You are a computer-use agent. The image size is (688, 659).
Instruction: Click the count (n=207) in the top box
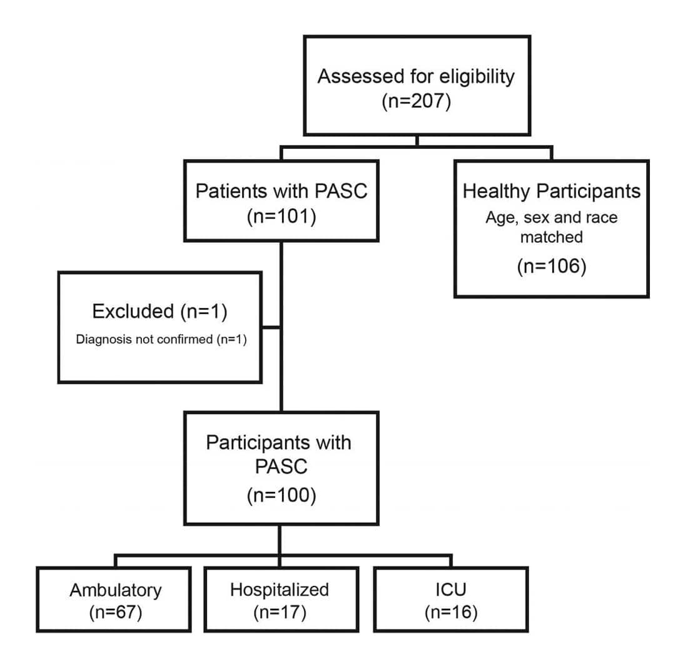click(417, 101)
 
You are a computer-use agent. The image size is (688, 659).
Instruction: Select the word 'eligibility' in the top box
click(477, 77)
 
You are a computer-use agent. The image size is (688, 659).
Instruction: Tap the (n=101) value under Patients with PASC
click(281, 217)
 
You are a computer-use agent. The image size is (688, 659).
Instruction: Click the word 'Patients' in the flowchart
click(231, 191)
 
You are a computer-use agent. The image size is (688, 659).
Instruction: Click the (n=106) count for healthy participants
click(552, 266)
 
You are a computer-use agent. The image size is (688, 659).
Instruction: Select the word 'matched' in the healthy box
click(552, 237)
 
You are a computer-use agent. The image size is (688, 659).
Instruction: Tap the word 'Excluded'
click(133, 311)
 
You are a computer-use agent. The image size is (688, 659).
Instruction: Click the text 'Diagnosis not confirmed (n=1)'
click(161, 339)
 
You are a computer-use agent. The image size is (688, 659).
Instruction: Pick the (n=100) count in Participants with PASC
click(281, 495)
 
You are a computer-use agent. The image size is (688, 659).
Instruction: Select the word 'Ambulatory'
click(116, 591)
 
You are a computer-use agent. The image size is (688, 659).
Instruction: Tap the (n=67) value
click(116, 613)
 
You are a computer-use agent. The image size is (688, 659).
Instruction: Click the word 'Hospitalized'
click(280, 590)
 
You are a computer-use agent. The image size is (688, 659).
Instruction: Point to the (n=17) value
click(280, 613)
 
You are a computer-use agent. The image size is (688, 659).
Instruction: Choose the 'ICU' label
click(450, 590)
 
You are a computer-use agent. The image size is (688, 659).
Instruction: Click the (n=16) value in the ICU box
click(450, 613)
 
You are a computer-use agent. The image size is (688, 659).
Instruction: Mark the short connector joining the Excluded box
click(271, 327)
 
